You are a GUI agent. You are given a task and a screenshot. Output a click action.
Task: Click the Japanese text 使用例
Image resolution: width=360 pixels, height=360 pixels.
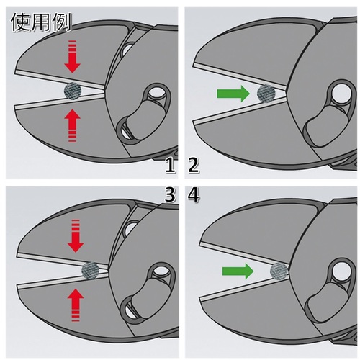[41, 22]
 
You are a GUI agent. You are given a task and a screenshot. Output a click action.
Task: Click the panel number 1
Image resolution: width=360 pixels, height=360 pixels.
[171, 166]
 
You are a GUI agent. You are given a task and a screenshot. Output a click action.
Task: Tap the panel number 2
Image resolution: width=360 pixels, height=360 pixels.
[194, 166]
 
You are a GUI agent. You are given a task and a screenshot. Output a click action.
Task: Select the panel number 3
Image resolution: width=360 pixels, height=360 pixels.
[170, 194]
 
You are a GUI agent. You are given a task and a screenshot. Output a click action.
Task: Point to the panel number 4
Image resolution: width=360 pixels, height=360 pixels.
[194, 194]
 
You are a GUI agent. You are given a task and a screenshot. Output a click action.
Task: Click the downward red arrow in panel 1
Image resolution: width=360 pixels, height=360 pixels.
[72, 57]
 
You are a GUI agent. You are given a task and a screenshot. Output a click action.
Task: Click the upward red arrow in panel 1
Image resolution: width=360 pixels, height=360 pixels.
[72, 125]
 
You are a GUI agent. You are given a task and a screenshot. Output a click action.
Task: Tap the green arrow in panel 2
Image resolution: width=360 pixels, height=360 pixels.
[233, 94]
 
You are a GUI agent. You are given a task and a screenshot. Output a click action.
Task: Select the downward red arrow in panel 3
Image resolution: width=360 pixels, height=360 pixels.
[76, 236]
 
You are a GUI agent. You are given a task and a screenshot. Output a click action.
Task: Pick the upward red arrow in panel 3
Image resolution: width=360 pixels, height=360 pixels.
[76, 305]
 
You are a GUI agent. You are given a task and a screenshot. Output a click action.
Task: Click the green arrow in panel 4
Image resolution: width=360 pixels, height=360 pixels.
[238, 271]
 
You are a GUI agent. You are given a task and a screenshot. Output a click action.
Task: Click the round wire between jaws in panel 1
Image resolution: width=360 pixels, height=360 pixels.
[72, 91]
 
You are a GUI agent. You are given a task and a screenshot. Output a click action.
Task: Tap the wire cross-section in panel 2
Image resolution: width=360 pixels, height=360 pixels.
[266, 94]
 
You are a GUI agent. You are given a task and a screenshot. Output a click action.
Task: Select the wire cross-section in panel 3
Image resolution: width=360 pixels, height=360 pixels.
[91, 270]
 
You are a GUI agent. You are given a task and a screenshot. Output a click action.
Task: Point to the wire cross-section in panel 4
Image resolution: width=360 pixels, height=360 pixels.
[279, 271]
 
